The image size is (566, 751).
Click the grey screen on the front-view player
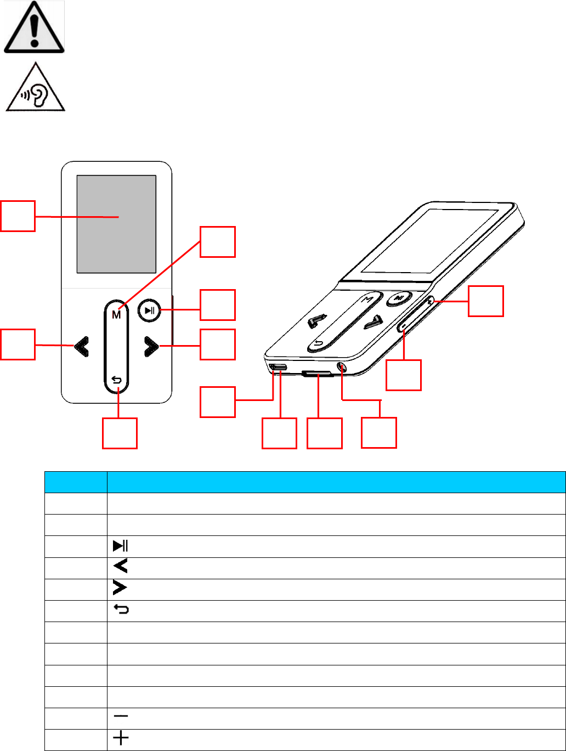click(x=116, y=224)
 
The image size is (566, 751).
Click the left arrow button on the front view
click(x=82, y=346)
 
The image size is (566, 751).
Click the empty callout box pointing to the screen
click(x=18, y=216)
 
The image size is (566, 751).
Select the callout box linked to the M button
click(x=217, y=242)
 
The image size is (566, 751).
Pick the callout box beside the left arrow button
click(x=18, y=344)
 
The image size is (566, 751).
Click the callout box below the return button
click(x=120, y=433)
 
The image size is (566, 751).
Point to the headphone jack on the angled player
click(x=343, y=368)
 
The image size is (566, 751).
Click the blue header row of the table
click(x=304, y=481)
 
